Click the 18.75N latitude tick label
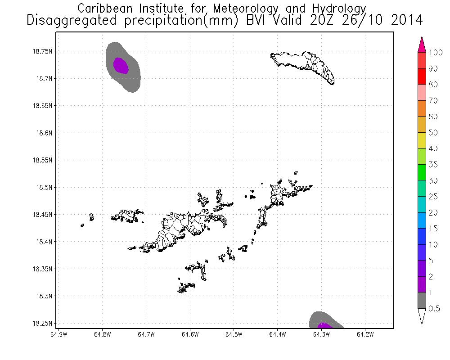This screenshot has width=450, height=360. (44, 51)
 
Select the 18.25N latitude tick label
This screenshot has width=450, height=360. (44, 323)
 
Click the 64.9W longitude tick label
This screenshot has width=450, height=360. (59, 334)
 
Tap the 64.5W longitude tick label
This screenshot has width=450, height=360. (234, 334)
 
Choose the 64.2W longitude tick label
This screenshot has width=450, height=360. (364, 334)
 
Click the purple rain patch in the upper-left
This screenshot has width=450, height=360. (121, 66)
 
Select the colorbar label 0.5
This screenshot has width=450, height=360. (435, 308)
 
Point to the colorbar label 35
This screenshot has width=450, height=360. (433, 165)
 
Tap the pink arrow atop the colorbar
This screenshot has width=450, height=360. (422, 45)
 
